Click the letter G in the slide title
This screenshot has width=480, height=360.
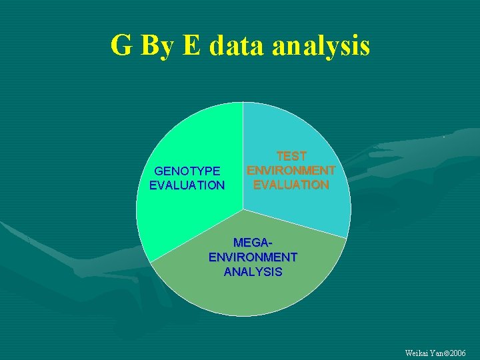(121, 46)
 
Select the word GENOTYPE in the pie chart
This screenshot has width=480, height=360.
(187, 171)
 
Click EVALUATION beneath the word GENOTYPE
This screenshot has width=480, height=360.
(187, 185)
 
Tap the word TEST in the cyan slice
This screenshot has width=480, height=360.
(291, 156)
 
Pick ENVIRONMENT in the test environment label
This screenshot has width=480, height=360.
(291, 170)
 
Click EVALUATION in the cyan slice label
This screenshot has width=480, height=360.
(291, 185)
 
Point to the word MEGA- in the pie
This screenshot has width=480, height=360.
(253, 243)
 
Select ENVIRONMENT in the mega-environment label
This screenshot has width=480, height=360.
(253, 257)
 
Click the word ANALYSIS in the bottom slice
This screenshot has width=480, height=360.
(253, 272)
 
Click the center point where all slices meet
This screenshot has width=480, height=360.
(243, 209)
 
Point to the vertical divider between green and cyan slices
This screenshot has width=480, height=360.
(243, 133)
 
